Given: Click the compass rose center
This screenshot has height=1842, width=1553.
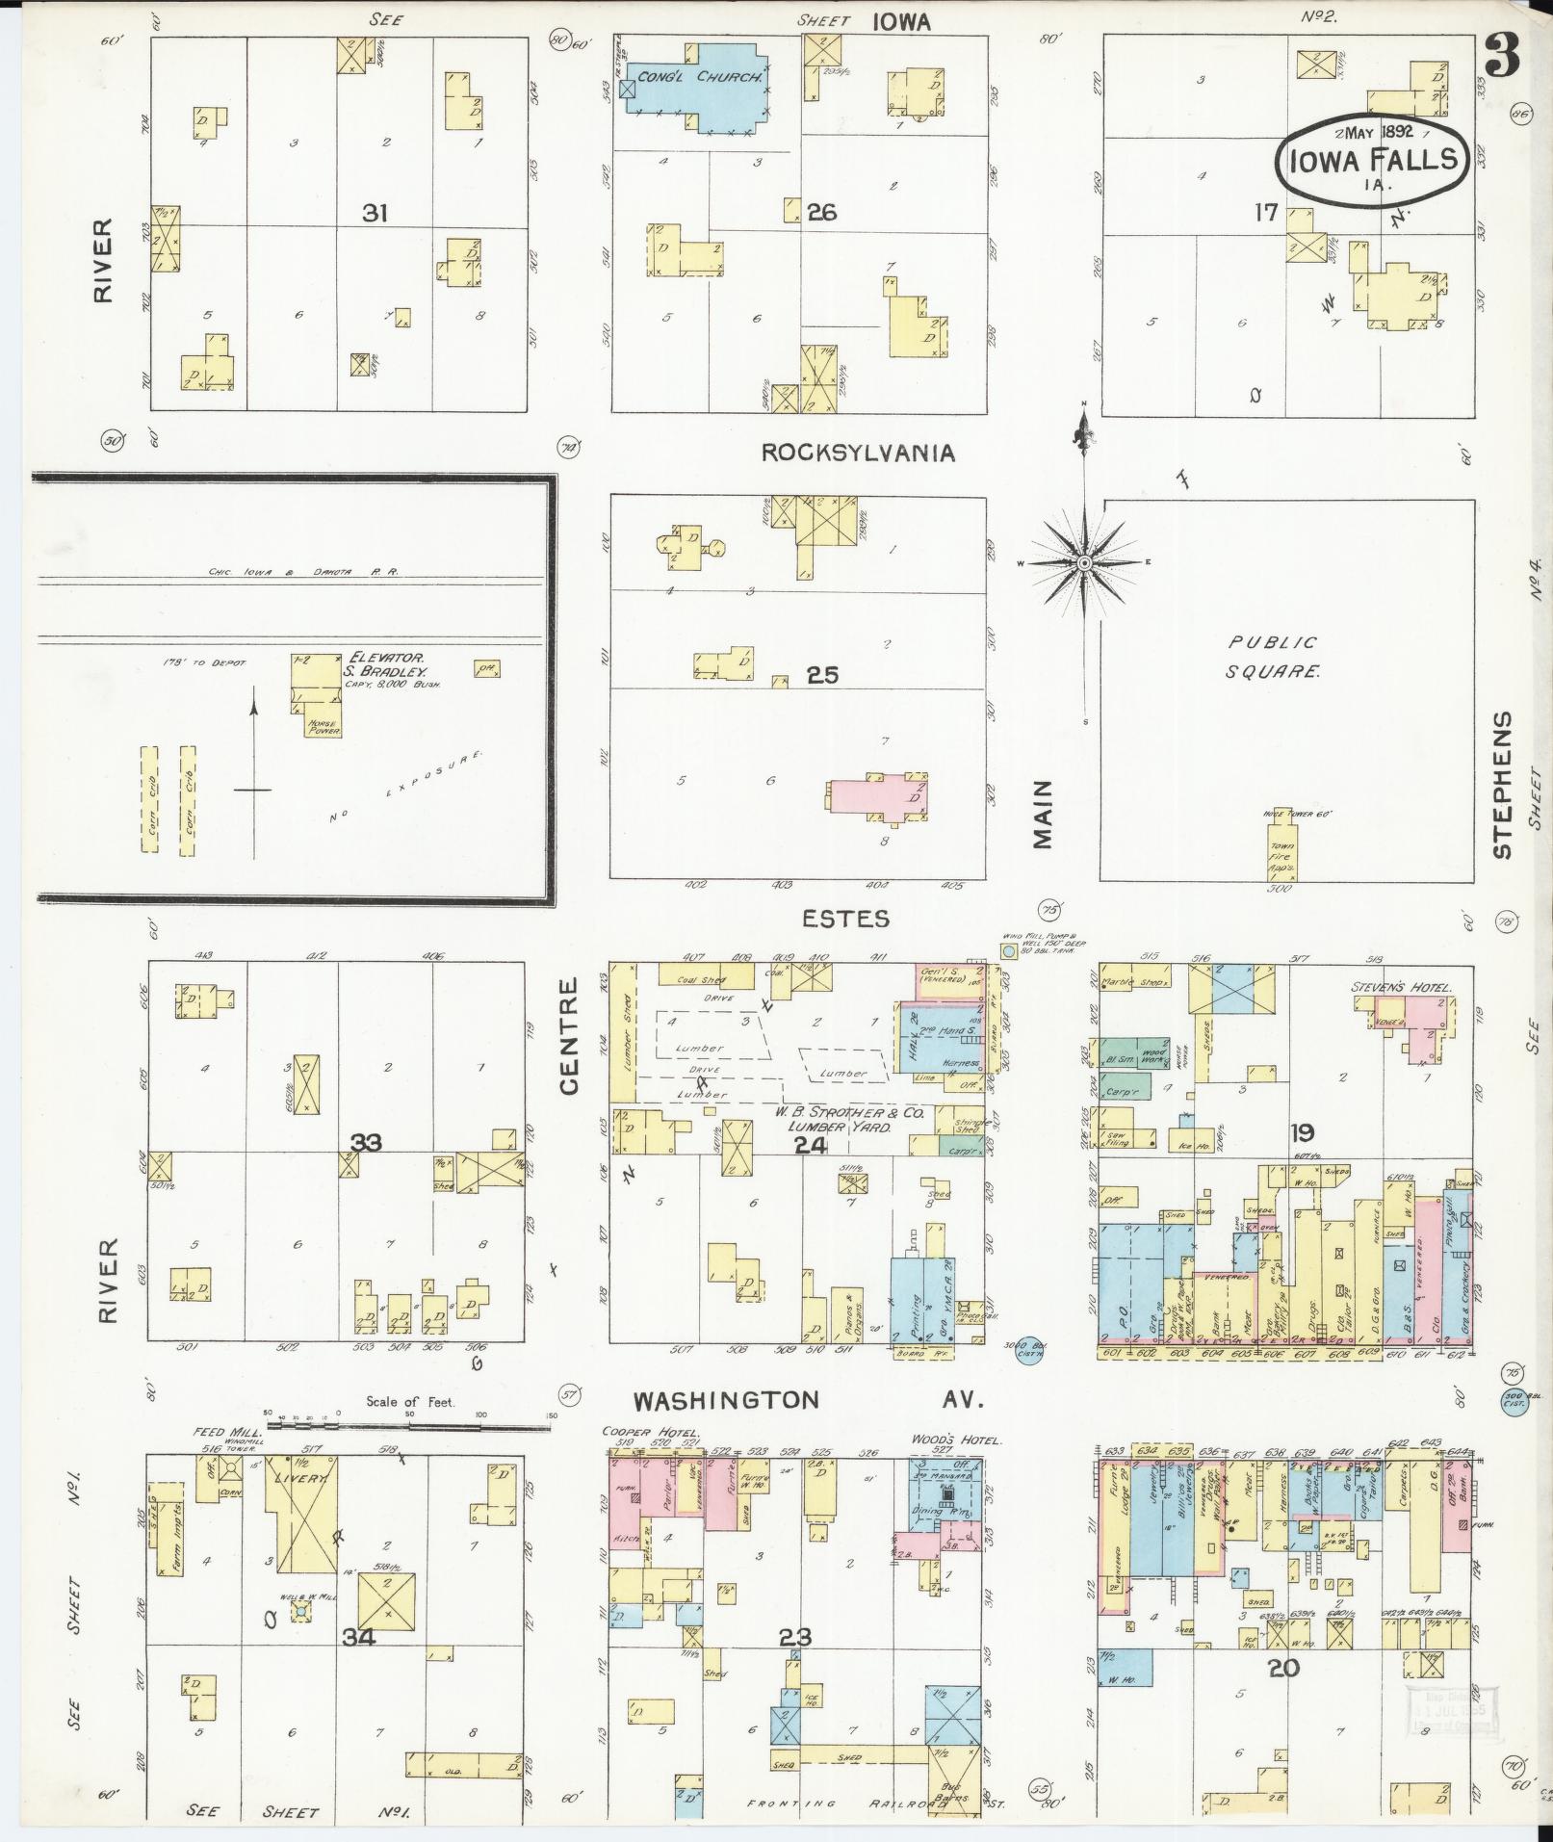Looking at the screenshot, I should point(1084,562).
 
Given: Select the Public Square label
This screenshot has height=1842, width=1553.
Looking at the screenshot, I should point(1272,656).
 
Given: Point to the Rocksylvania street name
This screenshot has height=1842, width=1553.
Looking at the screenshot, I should point(858,453).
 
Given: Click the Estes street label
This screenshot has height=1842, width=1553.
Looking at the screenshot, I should point(846,919).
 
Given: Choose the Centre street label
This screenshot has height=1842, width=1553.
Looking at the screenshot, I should point(569,1035).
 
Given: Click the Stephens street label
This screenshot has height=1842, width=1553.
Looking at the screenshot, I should point(1503,785).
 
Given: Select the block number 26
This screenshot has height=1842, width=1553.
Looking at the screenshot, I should point(821,212).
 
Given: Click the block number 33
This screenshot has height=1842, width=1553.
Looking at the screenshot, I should point(366,1143).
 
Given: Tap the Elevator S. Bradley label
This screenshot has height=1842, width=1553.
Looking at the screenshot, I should point(385,664).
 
